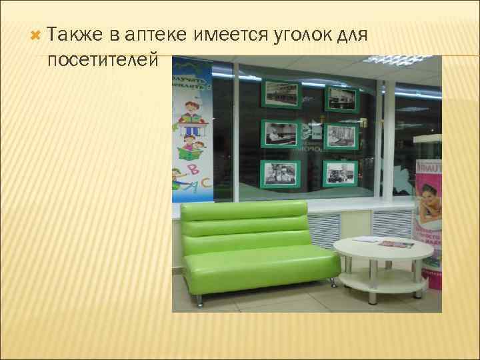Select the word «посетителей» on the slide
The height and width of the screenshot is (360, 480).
[x=103, y=61]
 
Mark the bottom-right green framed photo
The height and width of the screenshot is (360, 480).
[x=341, y=175]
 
